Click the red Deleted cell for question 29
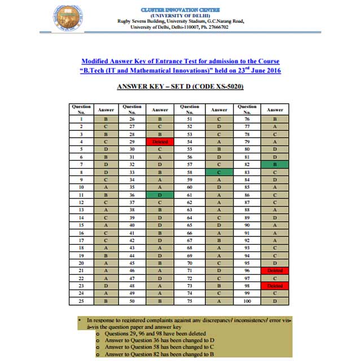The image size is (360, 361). click(160, 142)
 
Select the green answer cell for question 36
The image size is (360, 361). click(160, 195)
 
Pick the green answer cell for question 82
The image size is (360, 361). click(275, 164)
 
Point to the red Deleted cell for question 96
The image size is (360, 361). click(275, 270)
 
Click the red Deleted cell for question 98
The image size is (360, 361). click(275, 286)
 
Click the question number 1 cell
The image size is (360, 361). click(81, 119)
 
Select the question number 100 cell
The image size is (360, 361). click(247, 301)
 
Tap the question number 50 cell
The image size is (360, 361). click(132, 301)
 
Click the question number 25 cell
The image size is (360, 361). click(81, 301)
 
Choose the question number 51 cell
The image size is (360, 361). click(189, 119)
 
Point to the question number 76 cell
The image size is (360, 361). click(247, 119)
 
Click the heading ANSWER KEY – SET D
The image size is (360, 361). click(180, 87)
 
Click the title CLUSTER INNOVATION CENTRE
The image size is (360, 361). click(180, 10)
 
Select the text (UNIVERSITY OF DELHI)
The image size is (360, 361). click(180, 16)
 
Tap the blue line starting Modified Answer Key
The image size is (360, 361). click(180, 61)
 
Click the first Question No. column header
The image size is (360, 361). click(81, 109)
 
